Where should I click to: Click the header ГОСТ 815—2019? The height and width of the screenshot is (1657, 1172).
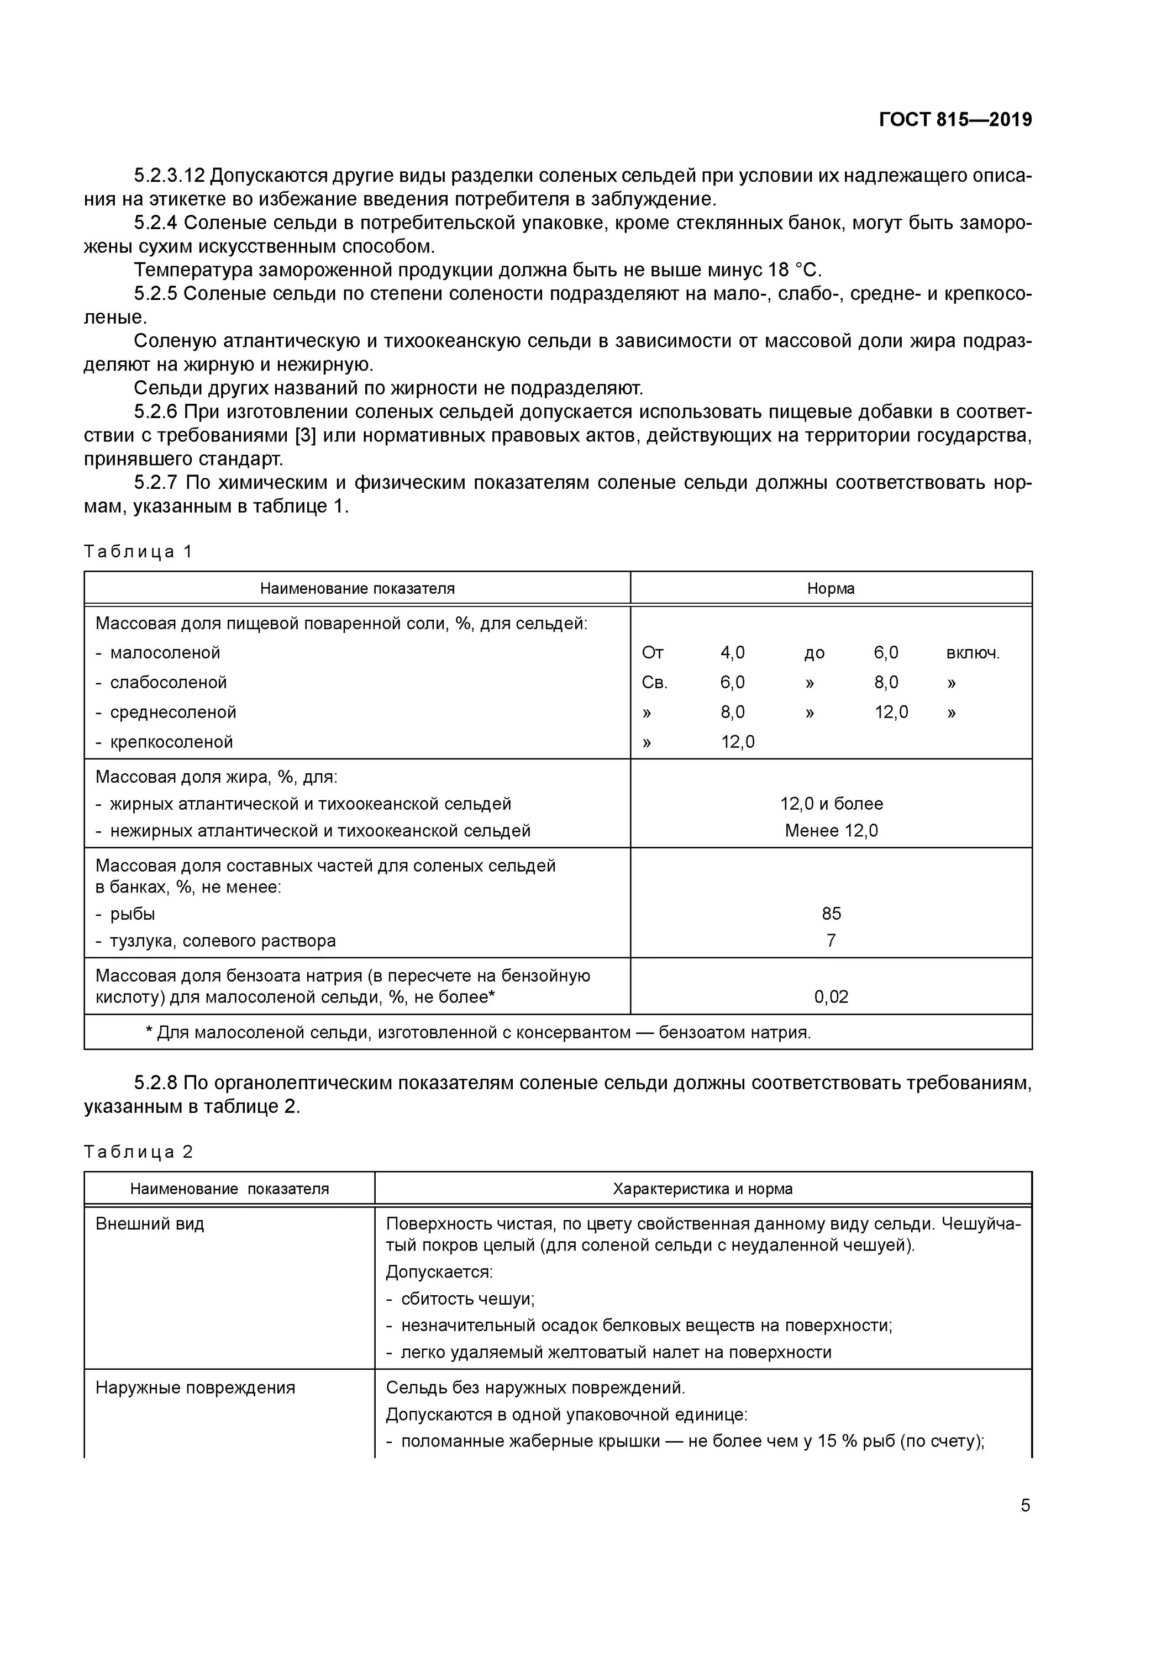coord(955,120)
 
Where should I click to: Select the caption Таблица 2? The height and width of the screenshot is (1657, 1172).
coord(138,1151)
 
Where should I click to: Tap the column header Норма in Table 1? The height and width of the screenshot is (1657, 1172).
coord(831,588)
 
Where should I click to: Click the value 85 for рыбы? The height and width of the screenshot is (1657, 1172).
coord(831,913)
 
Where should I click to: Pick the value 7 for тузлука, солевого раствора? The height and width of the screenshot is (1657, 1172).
coord(831,941)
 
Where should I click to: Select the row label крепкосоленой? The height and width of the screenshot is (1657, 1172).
coord(171,741)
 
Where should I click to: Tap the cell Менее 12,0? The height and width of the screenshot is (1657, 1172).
coord(831,830)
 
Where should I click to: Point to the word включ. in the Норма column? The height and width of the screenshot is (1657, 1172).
coord(972,652)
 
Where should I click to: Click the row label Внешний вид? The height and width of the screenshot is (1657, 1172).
coord(150,1223)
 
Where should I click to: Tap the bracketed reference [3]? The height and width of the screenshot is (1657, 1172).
coord(306,436)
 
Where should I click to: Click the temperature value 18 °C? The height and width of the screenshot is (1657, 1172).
coord(795,270)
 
